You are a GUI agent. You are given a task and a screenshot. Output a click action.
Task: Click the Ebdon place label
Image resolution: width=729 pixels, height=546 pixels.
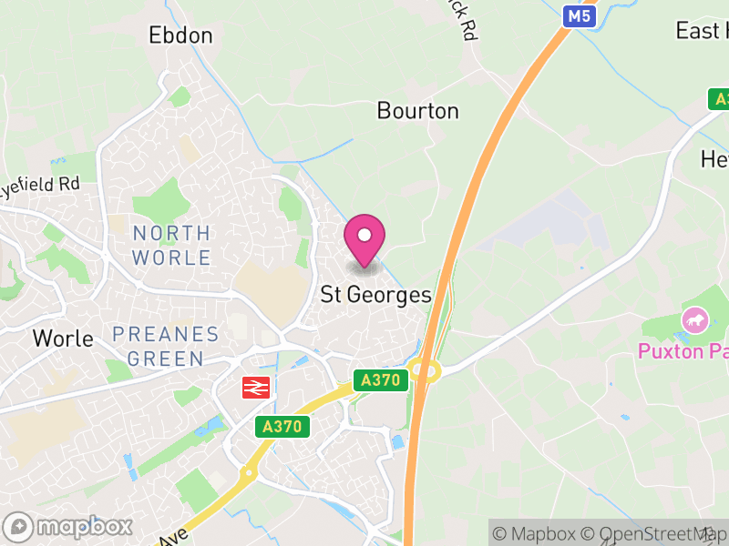click(180, 35)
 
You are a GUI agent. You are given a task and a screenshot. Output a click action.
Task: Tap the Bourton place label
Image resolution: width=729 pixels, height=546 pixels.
click(417, 111)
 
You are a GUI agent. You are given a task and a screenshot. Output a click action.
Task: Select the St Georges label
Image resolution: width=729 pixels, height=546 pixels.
click(375, 295)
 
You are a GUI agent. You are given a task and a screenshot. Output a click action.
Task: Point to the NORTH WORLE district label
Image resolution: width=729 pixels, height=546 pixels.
click(171, 245)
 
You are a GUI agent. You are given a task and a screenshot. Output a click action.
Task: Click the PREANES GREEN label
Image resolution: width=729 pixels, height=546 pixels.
click(166, 346)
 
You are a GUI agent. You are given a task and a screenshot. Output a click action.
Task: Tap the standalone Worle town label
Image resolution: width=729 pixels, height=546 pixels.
click(63, 339)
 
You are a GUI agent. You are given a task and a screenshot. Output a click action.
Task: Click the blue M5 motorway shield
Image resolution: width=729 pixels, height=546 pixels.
click(579, 16)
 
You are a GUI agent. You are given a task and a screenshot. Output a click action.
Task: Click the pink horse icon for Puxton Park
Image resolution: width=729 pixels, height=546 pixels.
click(694, 320)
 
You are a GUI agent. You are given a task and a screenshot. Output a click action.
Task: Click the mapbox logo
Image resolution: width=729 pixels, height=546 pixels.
click(69, 527)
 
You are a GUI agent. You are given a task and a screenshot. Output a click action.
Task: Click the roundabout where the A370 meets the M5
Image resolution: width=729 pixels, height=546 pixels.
click(425, 369)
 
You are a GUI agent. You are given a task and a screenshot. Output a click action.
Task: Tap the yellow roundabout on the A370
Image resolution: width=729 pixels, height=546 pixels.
click(248, 472)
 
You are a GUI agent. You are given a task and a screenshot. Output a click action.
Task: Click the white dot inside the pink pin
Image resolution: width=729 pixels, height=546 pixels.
click(364, 235)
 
